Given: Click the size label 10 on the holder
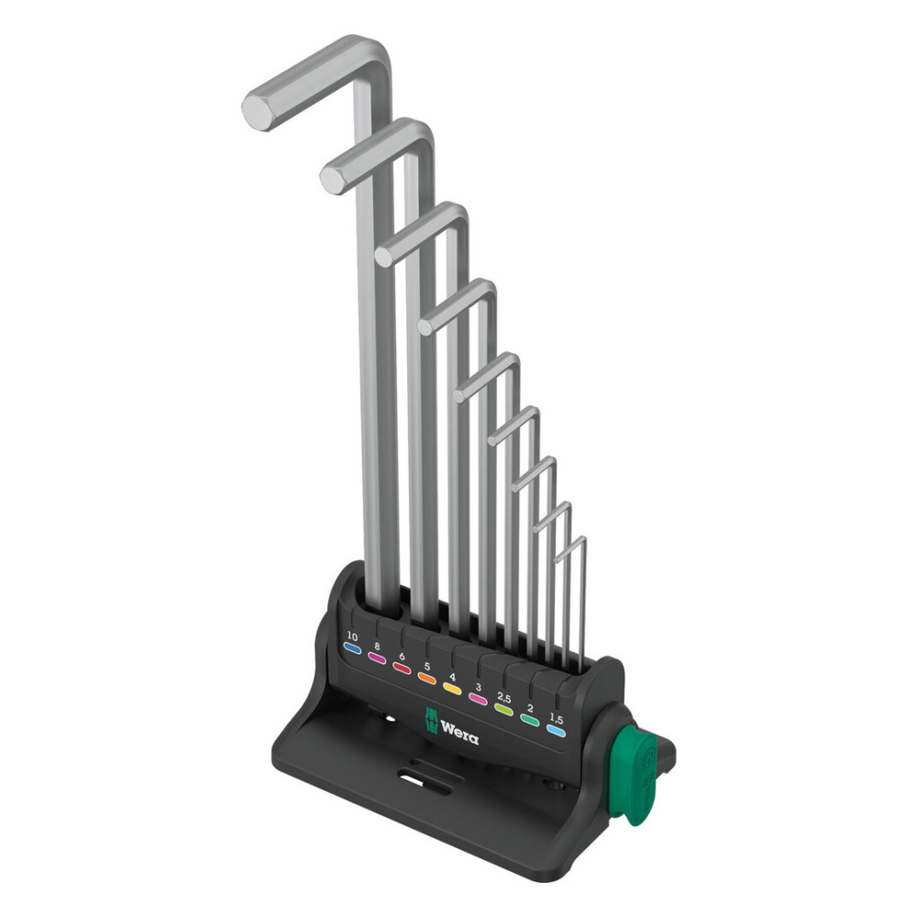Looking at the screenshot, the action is click(x=352, y=635).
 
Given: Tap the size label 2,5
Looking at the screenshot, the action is click(x=503, y=698).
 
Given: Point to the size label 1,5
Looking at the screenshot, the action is click(x=557, y=720).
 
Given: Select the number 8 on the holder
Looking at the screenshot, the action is click(x=377, y=646).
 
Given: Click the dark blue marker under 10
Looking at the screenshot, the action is click(x=352, y=647).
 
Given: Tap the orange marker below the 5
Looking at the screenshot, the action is click(x=427, y=679).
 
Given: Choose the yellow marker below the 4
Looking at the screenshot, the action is click(x=453, y=689).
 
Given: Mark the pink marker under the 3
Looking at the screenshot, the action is click(x=478, y=699).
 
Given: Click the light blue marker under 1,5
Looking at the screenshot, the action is click(x=556, y=731).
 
